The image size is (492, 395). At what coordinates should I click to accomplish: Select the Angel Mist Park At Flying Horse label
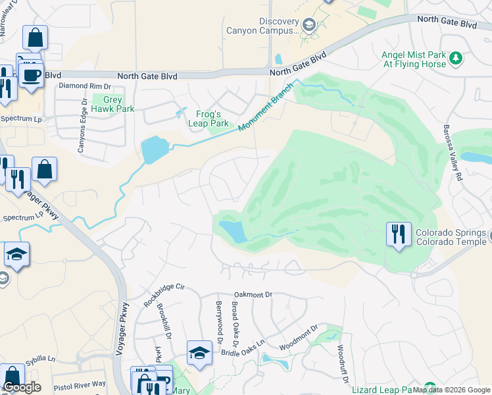[414, 60]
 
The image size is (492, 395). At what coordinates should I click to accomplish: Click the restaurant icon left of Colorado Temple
[397, 236]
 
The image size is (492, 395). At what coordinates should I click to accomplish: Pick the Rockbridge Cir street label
[161, 292]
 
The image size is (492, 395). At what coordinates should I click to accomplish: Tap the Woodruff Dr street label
[341, 359]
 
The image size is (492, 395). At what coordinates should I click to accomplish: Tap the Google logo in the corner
[22, 387]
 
